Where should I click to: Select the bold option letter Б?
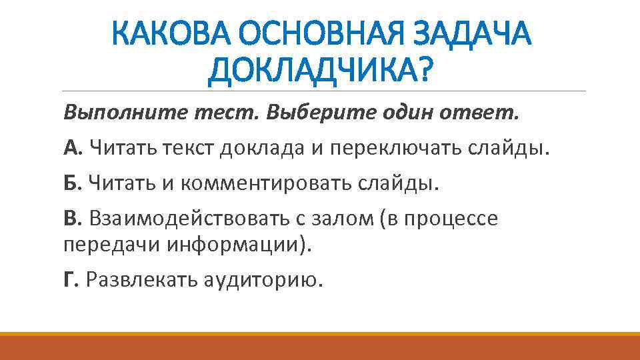71,182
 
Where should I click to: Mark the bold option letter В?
71,218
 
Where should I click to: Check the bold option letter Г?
71,280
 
